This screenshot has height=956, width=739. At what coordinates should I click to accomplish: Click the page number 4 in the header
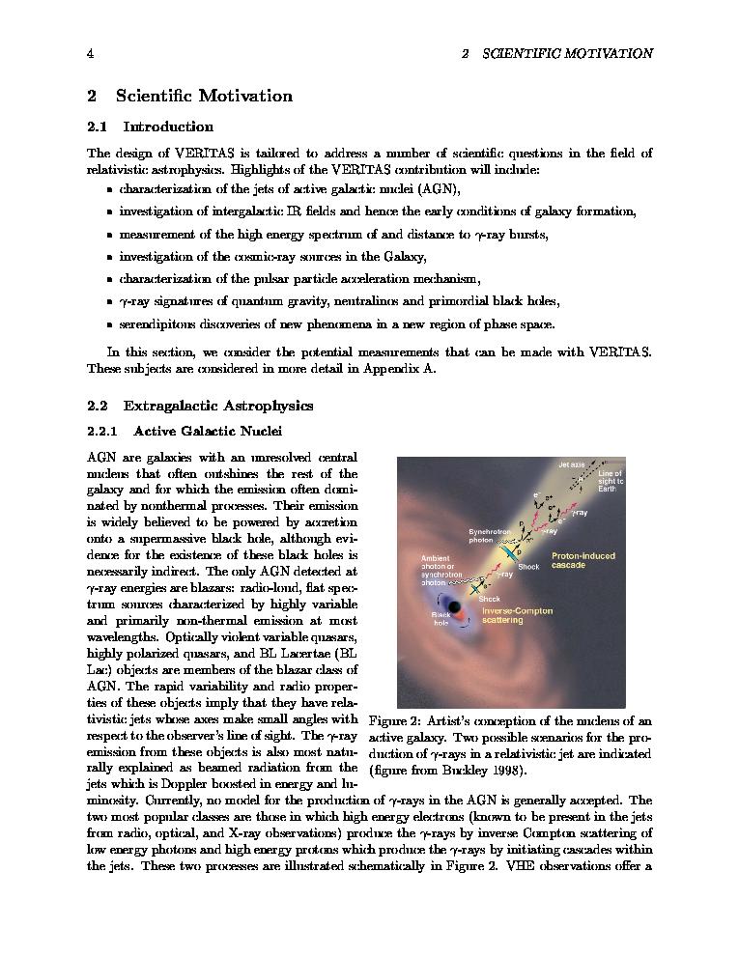(x=90, y=54)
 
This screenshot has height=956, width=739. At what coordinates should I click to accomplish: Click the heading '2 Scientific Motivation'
(x=189, y=96)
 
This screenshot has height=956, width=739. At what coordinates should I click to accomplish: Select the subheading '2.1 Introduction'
(x=150, y=127)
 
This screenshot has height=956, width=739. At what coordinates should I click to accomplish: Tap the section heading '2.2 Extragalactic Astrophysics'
(x=200, y=406)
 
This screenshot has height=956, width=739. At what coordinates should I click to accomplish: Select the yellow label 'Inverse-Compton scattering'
(x=517, y=614)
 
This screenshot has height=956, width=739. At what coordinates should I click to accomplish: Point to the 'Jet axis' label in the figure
(x=571, y=464)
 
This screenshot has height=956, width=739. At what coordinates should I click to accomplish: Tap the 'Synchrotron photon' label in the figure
(x=489, y=536)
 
